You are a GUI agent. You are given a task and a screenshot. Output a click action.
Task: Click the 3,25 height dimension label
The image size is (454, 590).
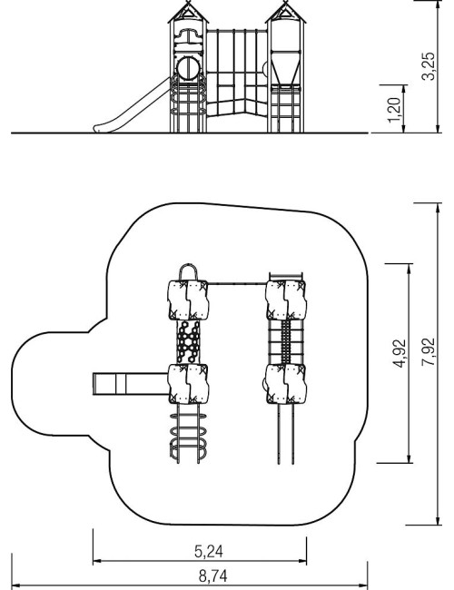click(x=429, y=66)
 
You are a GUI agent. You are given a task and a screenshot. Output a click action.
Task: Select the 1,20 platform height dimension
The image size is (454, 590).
click(x=394, y=110)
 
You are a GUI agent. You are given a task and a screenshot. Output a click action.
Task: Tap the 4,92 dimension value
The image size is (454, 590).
click(x=400, y=353)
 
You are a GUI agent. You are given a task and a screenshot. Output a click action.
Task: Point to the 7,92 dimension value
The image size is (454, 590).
click(x=429, y=352)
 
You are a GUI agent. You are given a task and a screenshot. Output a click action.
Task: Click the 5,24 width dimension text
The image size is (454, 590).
click(x=209, y=551)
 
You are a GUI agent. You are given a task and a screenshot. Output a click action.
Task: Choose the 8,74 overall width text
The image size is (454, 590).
click(x=213, y=576)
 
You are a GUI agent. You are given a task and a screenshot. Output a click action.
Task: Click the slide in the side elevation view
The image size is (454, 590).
click(x=132, y=106)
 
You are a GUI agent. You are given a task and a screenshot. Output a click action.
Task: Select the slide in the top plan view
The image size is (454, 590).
click(x=131, y=384)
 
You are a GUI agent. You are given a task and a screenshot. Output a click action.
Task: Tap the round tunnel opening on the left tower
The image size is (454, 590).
click(x=188, y=68)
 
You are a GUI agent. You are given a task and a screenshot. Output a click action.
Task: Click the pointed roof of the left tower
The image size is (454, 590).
click(x=188, y=13)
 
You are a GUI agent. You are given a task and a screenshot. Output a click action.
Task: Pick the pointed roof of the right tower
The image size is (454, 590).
click(x=286, y=13)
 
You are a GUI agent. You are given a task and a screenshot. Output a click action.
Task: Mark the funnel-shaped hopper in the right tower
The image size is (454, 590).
click(x=286, y=69)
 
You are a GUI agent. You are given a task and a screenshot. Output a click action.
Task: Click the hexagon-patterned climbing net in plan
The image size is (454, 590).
click(x=188, y=342)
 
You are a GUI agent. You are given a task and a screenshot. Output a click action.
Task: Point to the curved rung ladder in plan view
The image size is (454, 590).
click(x=188, y=433)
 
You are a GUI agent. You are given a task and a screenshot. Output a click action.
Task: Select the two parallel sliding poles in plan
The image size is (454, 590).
click(x=286, y=434)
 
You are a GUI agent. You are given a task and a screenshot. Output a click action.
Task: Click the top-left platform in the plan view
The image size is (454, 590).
click(x=188, y=300)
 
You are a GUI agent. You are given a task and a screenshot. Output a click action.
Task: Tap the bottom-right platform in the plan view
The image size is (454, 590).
click(x=286, y=384)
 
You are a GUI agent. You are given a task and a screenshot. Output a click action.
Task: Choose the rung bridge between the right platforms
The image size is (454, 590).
click(x=286, y=342)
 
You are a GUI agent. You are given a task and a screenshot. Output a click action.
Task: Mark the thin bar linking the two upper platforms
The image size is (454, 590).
click(x=238, y=283)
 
